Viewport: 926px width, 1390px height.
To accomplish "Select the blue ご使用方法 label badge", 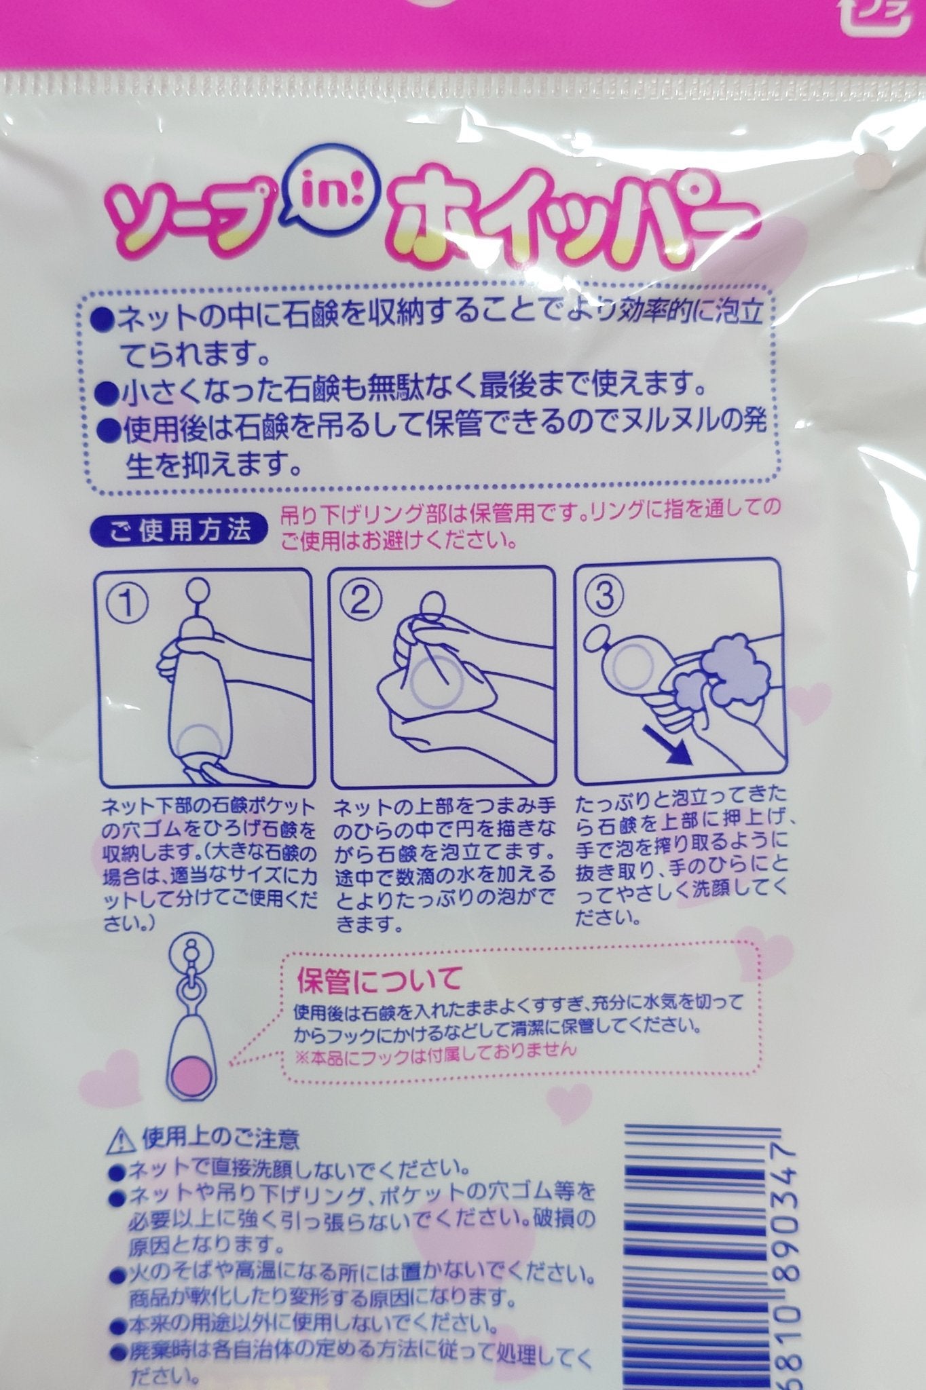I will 179,527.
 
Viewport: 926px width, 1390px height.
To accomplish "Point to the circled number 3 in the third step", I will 606,597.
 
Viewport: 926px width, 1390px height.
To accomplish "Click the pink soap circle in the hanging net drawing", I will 191,1078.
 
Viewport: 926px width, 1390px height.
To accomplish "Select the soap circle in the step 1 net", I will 200,745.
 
